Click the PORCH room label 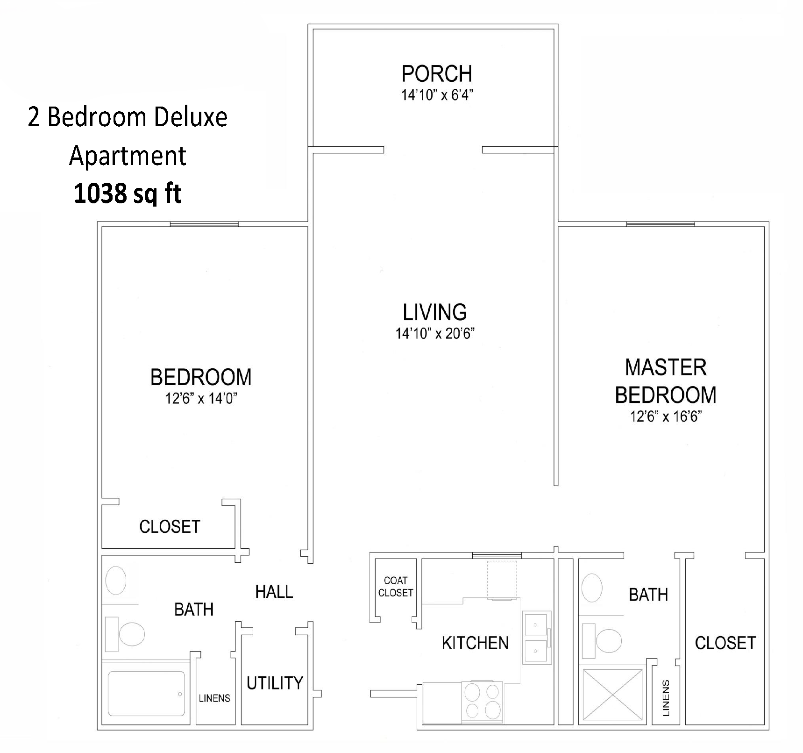[437, 74]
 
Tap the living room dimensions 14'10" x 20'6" [435, 334]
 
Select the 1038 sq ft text [128, 194]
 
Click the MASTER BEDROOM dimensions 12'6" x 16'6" [666, 416]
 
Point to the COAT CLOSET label [396, 587]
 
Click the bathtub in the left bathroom [146, 694]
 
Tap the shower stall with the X [612, 694]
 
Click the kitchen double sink [536, 637]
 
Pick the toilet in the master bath [605, 638]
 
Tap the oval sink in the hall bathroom [116, 581]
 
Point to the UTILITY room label [275, 683]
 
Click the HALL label [274, 592]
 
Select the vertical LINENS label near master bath [666, 698]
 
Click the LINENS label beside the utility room [214, 698]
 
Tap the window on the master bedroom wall [660, 224]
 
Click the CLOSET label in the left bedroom [170, 527]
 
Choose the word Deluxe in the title [190, 117]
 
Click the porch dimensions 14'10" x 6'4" [437, 95]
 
